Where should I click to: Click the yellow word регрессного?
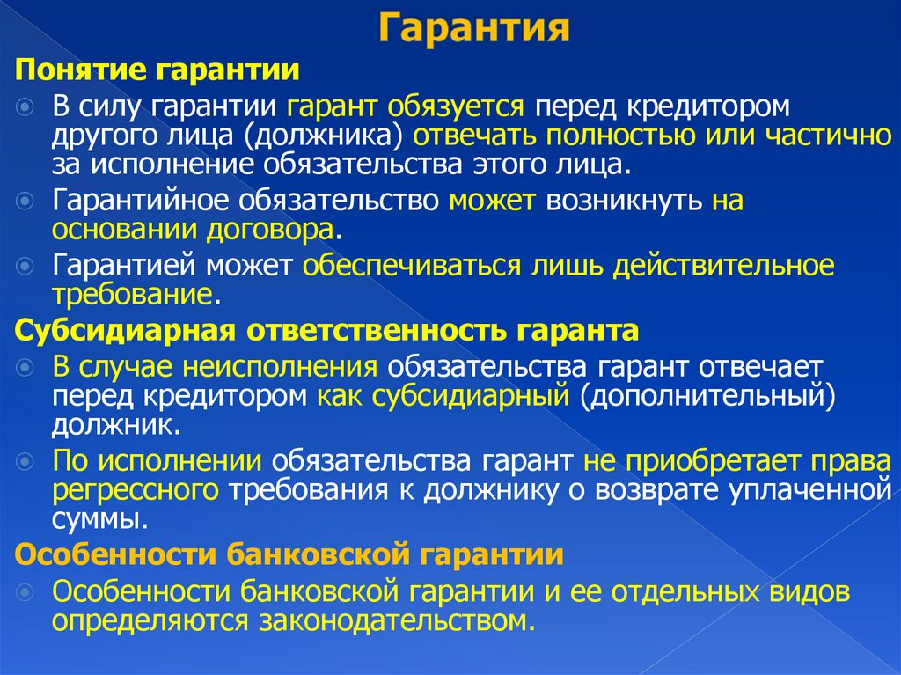click(135, 489)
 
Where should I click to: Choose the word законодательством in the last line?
click(396, 621)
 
